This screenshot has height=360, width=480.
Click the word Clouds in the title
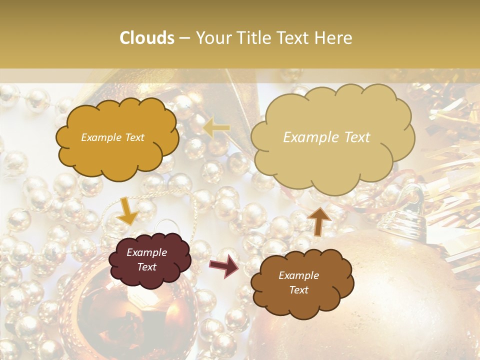point(147,38)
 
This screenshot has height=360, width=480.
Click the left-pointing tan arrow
point(216,128)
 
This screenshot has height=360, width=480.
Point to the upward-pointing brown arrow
point(318,220)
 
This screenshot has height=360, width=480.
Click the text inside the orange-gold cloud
point(112,137)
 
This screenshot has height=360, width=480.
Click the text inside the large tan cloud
point(326,137)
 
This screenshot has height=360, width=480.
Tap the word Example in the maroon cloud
point(146,252)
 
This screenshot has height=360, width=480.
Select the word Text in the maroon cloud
point(146,267)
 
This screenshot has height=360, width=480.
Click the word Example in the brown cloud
point(298,275)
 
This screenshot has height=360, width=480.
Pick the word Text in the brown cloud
point(298,290)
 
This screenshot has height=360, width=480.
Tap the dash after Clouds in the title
point(184,38)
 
